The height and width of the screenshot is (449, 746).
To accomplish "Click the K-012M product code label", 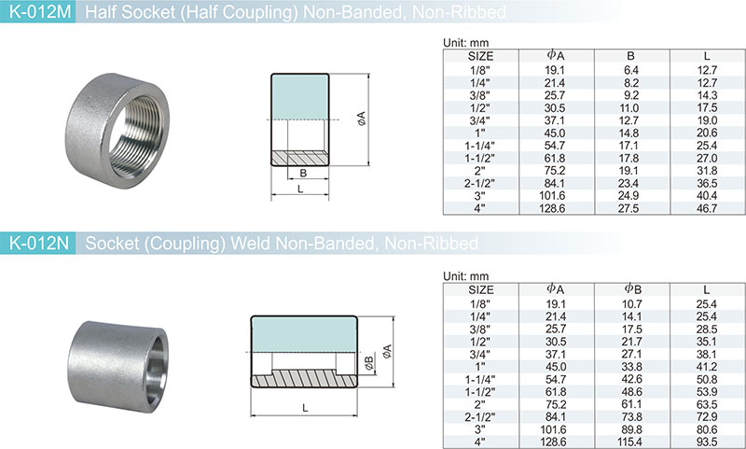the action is (x=40, y=11).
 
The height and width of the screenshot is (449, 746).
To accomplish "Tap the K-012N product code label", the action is (x=39, y=244).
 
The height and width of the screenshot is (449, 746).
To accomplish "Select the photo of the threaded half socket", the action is (x=117, y=131).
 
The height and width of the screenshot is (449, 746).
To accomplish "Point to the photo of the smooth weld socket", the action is (x=118, y=366).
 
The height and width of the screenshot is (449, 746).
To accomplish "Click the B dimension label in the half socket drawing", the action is (x=303, y=174).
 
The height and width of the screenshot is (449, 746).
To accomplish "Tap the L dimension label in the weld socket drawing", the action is (x=305, y=408).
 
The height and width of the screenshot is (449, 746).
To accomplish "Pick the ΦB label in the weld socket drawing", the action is (x=368, y=363).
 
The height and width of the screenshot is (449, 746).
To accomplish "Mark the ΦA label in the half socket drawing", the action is (x=362, y=119).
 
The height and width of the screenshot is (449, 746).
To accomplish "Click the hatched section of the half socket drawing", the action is (x=299, y=158).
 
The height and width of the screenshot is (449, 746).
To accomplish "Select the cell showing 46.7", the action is (x=707, y=208).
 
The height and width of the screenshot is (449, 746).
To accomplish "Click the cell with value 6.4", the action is (x=631, y=70).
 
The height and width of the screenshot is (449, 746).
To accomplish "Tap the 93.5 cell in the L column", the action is (x=707, y=442).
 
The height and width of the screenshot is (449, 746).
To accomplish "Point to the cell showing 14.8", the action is (x=629, y=133).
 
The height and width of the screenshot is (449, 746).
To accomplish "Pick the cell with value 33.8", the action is (x=631, y=367).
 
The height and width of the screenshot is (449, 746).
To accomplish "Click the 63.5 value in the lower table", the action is (x=707, y=404).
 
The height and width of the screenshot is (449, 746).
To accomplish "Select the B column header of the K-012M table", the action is (x=631, y=56).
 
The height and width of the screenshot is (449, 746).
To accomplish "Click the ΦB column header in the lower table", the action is (x=633, y=289).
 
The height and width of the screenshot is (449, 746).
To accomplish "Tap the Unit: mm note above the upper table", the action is (x=465, y=42).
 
